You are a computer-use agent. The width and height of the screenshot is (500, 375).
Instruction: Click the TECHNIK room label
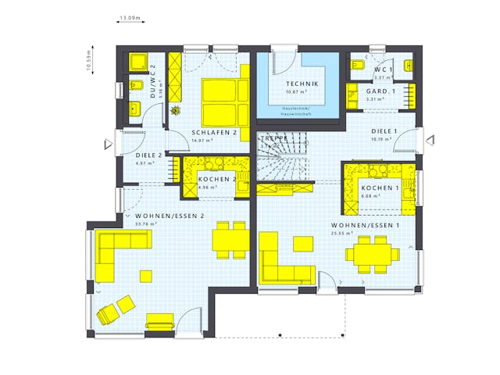[302, 84]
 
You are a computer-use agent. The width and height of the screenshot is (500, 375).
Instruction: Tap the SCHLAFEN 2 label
[214, 132]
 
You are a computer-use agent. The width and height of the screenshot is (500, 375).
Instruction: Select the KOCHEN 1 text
[381, 188]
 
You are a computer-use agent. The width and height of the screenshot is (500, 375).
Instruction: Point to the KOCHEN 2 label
[216, 179]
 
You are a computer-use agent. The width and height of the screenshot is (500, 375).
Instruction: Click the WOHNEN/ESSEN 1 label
[366, 225]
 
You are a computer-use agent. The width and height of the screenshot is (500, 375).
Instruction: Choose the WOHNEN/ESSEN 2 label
[169, 216]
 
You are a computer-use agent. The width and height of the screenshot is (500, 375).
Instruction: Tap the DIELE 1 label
[384, 131]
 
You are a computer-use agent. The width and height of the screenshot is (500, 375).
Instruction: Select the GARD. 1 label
[381, 91]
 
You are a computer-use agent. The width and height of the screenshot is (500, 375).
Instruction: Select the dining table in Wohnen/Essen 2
[231, 238]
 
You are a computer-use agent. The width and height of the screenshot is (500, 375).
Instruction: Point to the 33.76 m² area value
[146, 224]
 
